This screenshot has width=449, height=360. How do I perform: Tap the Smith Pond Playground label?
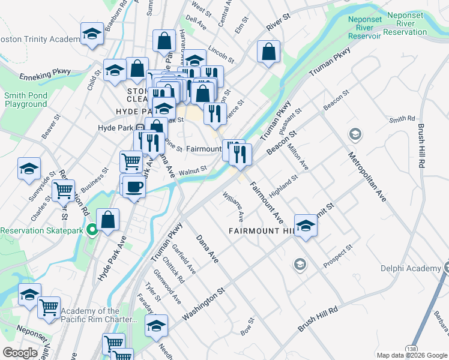click(x=26, y=100)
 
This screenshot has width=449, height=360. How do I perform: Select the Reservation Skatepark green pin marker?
click(x=91, y=230)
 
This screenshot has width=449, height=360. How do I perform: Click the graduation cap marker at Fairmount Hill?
click(x=306, y=226)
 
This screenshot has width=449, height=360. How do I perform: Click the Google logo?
click(x=20, y=352)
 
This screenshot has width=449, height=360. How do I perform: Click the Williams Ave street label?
click(x=233, y=205)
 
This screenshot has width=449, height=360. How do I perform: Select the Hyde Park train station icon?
click(x=139, y=127)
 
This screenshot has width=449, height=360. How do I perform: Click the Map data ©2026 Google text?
click(x=412, y=355)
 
